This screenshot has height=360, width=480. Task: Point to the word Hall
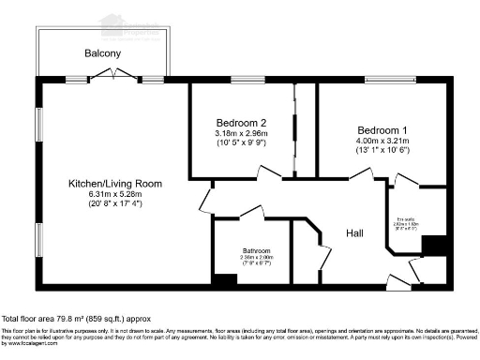coord(355,232)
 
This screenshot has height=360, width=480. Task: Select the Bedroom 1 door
coord(361,174)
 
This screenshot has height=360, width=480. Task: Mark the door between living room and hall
coord(204,199)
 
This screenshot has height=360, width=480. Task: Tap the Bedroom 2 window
coord(248,82)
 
